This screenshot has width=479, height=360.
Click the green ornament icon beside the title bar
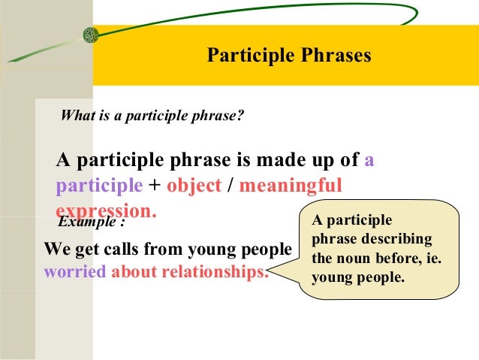91,35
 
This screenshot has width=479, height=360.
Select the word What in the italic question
75,116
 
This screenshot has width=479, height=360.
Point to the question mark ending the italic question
241,116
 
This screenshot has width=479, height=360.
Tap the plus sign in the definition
155,186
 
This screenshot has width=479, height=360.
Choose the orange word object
194,186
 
